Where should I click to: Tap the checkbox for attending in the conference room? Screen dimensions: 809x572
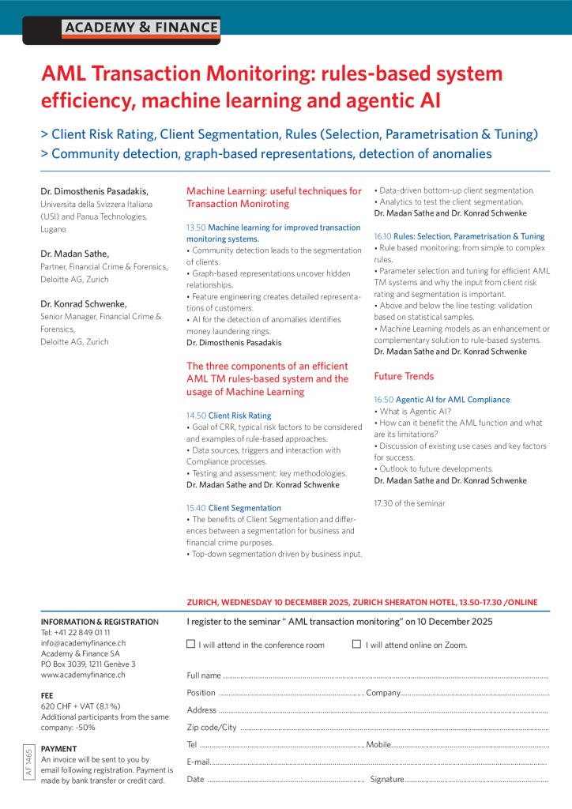[190, 644]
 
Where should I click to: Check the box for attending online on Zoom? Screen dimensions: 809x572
[356, 644]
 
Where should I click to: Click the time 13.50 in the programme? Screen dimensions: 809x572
[196, 228]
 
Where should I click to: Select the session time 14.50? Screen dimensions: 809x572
[196, 416]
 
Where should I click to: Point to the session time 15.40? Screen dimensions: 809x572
[196, 508]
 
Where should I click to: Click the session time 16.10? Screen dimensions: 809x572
[383, 236]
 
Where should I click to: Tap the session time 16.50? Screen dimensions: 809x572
[383, 400]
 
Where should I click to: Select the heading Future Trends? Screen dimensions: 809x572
[404, 376]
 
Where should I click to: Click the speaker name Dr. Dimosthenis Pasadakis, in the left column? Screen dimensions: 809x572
[94, 191]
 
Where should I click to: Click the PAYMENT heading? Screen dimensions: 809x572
[59, 748]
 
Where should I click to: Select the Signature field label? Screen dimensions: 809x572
[387, 780]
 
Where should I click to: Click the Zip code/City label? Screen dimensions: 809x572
[212, 728]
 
